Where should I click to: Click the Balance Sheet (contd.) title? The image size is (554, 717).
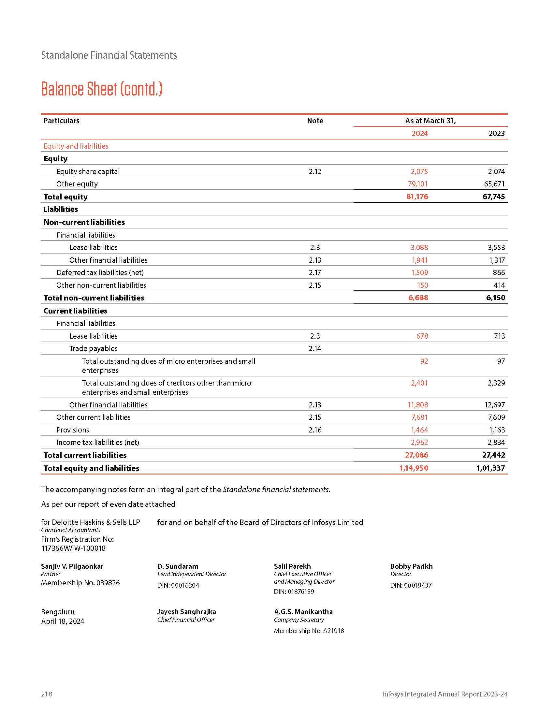tap(102, 89)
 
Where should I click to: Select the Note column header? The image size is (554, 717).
tap(315, 121)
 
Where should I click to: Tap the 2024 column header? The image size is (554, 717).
tap(419, 133)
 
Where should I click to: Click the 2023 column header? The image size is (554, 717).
tap(496, 133)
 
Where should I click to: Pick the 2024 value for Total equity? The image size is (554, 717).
tap(417, 197)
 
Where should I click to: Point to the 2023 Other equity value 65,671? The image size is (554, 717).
tap(494, 184)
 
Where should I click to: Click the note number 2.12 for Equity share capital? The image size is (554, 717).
tap(315, 171)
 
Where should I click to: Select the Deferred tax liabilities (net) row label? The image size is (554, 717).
tap(100, 272)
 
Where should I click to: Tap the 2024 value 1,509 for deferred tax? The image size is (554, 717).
tap(419, 272)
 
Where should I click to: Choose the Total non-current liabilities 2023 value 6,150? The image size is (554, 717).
tap(495, 298)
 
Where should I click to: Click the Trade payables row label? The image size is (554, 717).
tap(93, 348)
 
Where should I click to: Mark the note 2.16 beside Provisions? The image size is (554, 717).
tap(315, 430)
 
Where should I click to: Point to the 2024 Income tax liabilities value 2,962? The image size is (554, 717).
tap(419, 442)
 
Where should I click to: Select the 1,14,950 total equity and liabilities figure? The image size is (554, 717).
tap(414, 468)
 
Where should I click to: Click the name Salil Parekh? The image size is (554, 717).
tap(292, 566)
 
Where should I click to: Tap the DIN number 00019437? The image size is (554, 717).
tap(417, 585)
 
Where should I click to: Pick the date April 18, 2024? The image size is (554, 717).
tap(63, 621)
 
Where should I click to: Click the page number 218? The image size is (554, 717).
tap(47, 694)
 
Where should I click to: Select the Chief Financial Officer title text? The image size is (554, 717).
tap(186, 620)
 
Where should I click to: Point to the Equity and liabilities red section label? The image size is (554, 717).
tap(76, 146)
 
